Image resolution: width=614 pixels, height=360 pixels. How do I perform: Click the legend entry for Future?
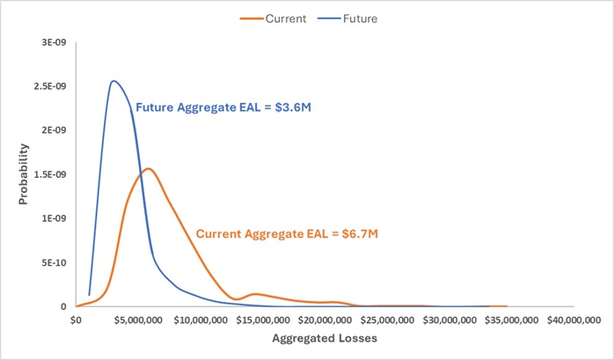coord(356,17)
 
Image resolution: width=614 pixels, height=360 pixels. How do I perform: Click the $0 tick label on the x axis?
coord(76,320)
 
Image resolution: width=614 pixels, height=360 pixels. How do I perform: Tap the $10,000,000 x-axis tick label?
coord(199,320)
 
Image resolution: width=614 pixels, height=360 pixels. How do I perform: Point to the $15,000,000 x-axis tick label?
coord(261,320)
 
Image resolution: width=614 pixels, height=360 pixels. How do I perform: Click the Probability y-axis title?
coord(25,175)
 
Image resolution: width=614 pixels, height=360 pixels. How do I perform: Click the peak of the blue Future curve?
coord(113,81)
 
